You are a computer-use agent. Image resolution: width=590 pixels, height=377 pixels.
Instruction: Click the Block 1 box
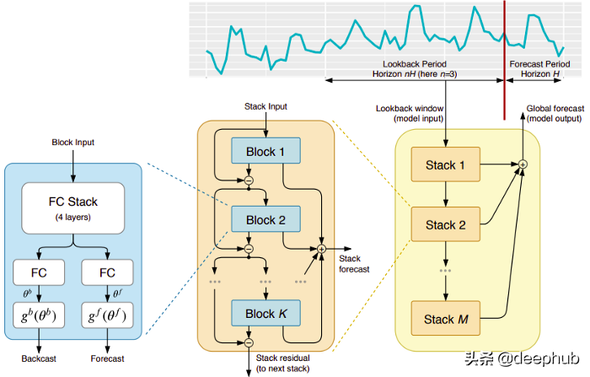[x=266, y=151]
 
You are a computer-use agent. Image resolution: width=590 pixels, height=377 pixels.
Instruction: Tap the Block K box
[x=266, y=314]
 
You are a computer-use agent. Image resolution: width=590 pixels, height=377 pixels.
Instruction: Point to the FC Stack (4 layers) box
[x=73, y=207]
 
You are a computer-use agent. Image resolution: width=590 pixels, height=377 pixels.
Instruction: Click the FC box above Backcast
[x=39, y=273]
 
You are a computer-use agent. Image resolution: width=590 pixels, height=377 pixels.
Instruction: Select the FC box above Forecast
[x=108, y=273]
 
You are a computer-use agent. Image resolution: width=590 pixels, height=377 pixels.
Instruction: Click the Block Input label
[x=72, y=143]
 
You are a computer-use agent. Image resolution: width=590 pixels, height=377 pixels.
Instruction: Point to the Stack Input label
[x=266, y=107]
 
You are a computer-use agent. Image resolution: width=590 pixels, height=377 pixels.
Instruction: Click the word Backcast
[x=39, y=358]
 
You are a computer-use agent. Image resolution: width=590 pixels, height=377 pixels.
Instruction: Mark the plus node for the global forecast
[x=523, y=164]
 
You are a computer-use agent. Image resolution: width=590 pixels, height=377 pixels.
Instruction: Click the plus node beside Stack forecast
[x=321, y=248]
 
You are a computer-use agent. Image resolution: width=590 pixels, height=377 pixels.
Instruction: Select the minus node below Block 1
[x=249, y=180]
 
